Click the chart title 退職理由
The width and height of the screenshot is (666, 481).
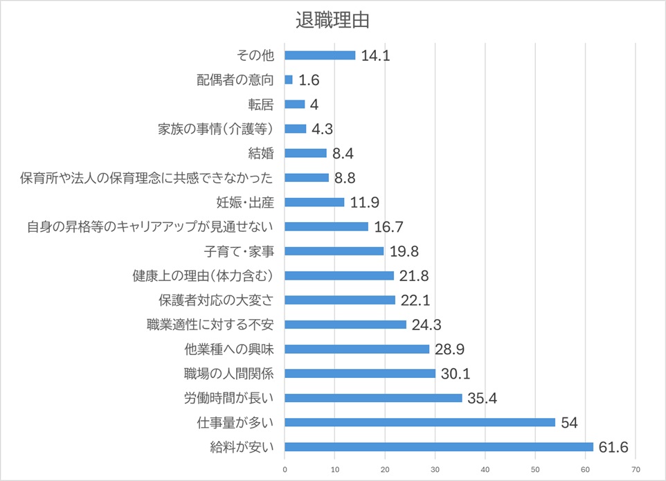[x=332, y=20]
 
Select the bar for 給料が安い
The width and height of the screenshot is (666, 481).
[x=439, y=446]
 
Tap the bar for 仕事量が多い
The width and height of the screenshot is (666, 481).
[x=420, y=422]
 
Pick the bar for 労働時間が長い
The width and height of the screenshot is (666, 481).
[x=373, y=398]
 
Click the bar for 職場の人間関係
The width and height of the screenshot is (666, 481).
[x=360, y=374]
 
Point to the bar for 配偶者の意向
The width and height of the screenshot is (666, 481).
[x=289, y=80]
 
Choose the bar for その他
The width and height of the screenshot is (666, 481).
[x=320, y=55]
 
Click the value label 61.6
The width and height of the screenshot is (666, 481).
[x=614, y=447]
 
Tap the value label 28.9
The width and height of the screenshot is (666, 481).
[x=449, y=350]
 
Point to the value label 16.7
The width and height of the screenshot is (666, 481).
[x=388, y=227]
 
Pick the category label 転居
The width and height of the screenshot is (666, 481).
[x=262, y=105]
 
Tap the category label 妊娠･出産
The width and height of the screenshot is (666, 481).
[x=244, y=202]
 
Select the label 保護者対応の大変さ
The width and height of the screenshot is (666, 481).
[x=216, y=300]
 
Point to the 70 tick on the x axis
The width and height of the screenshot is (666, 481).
[x=636, y=469]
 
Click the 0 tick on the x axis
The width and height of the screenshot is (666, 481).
[x=285, y=469]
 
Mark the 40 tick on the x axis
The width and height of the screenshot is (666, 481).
[x=485, y=469]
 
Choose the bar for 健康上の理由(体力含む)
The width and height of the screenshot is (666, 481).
[x=339, y=275]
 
